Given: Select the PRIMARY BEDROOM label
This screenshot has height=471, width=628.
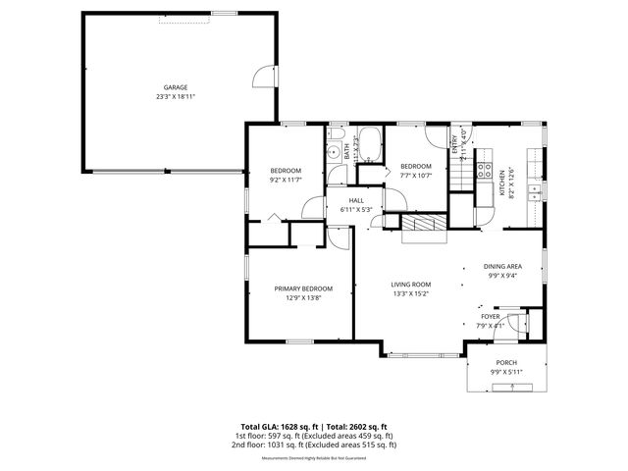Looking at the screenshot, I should [303, 288].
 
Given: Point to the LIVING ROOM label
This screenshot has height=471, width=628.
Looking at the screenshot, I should [411, 284].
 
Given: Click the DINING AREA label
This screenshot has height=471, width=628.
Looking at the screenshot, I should [501, 267].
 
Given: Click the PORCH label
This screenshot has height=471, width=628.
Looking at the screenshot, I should [505, 362].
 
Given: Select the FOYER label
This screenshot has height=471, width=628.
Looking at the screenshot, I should [490, 317].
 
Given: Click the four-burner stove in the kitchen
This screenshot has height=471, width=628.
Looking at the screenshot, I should [484, 170].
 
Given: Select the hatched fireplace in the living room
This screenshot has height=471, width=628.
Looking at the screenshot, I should [423, 224].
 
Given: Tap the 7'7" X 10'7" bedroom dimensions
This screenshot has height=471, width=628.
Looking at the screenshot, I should [416, 177].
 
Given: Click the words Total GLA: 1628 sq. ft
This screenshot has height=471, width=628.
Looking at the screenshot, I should [267, 427].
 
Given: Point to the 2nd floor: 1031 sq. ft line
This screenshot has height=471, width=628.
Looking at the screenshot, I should [313, 444].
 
